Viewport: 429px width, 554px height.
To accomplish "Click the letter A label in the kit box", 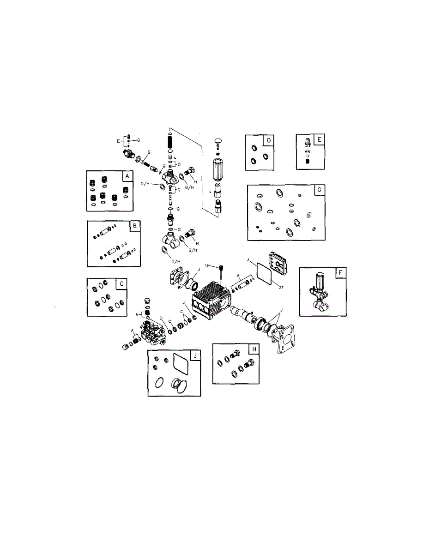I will point(126,176).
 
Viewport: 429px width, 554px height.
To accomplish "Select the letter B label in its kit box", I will point(134,226).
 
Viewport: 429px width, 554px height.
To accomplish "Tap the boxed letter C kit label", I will point(121,284).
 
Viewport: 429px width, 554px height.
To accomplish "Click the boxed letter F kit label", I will point(340,273).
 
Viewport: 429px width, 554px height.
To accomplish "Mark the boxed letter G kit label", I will point(318,190).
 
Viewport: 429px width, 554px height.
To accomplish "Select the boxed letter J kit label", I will point(195,355).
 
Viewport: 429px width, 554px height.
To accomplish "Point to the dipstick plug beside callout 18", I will point(222,270).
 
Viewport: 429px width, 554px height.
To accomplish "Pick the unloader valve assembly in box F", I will point(320,291).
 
